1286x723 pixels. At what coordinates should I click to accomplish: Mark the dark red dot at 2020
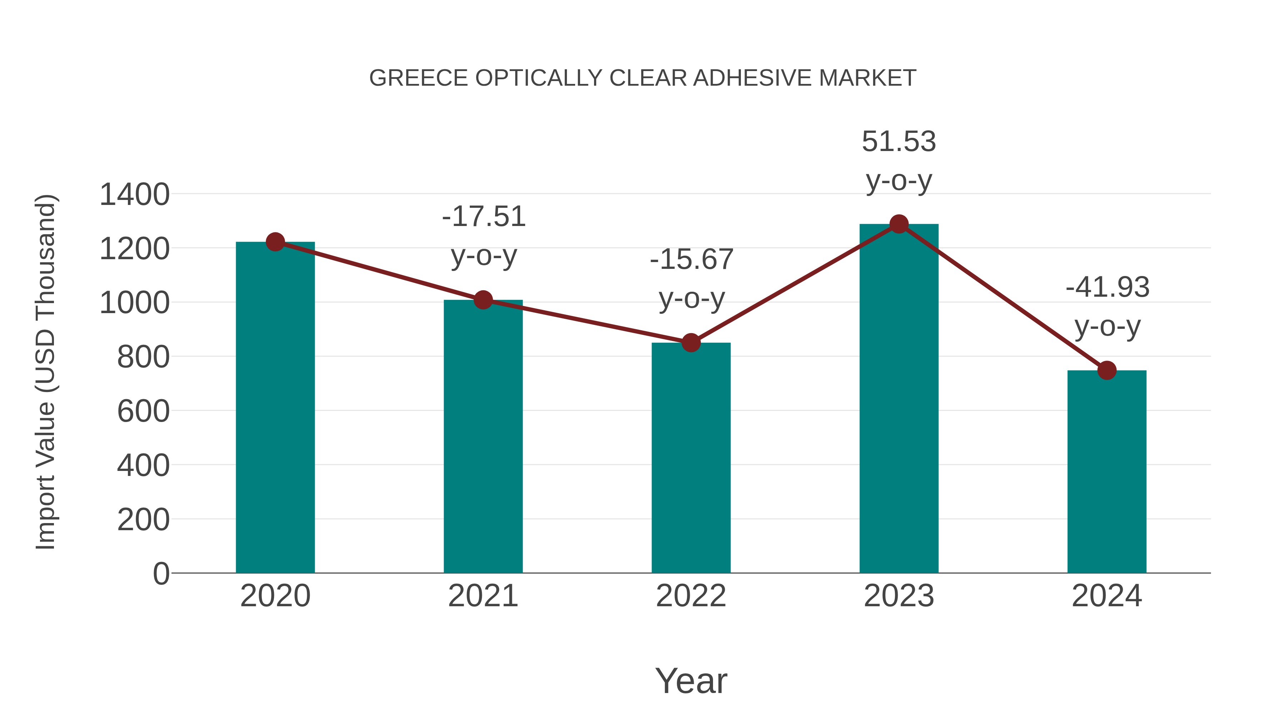click(x=275, y=242)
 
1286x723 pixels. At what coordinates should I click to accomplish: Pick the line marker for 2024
click(x=1107, y=370)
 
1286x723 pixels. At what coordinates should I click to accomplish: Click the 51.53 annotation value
click(x=899, y=142)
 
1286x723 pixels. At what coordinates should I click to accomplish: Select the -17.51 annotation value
click(x=484, y=217)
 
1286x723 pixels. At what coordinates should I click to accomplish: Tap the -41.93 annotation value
click(x=1107, y=287)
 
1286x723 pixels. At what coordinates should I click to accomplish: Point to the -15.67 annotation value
click(x=692, y=260)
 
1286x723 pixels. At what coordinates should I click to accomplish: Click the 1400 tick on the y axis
click(x=134, y=195)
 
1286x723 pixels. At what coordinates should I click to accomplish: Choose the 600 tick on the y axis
click(x=143, y=412)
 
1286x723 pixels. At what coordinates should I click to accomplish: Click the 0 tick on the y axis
click(x=161, y=574)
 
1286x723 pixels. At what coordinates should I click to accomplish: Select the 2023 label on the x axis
click(x=899, y=596)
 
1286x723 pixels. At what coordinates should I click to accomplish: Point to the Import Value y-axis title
click(x=46, y=372)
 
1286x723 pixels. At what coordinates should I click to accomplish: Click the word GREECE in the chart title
click(x=418, y=78)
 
